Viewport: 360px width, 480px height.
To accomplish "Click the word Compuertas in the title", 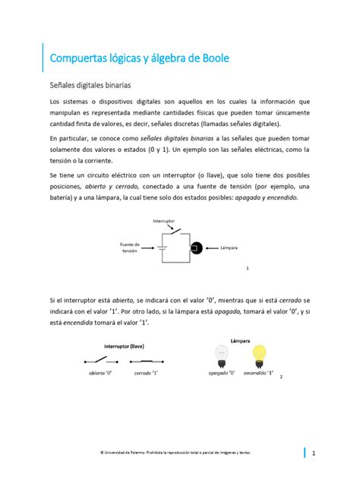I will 79,58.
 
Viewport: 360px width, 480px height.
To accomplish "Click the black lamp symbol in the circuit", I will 195,248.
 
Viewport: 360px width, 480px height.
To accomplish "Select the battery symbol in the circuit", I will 162,248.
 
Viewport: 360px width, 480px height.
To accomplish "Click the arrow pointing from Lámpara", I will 211,248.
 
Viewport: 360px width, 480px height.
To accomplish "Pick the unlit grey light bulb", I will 222,355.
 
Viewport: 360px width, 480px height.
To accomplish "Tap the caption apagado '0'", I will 222,374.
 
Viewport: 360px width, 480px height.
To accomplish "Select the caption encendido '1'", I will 260,374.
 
